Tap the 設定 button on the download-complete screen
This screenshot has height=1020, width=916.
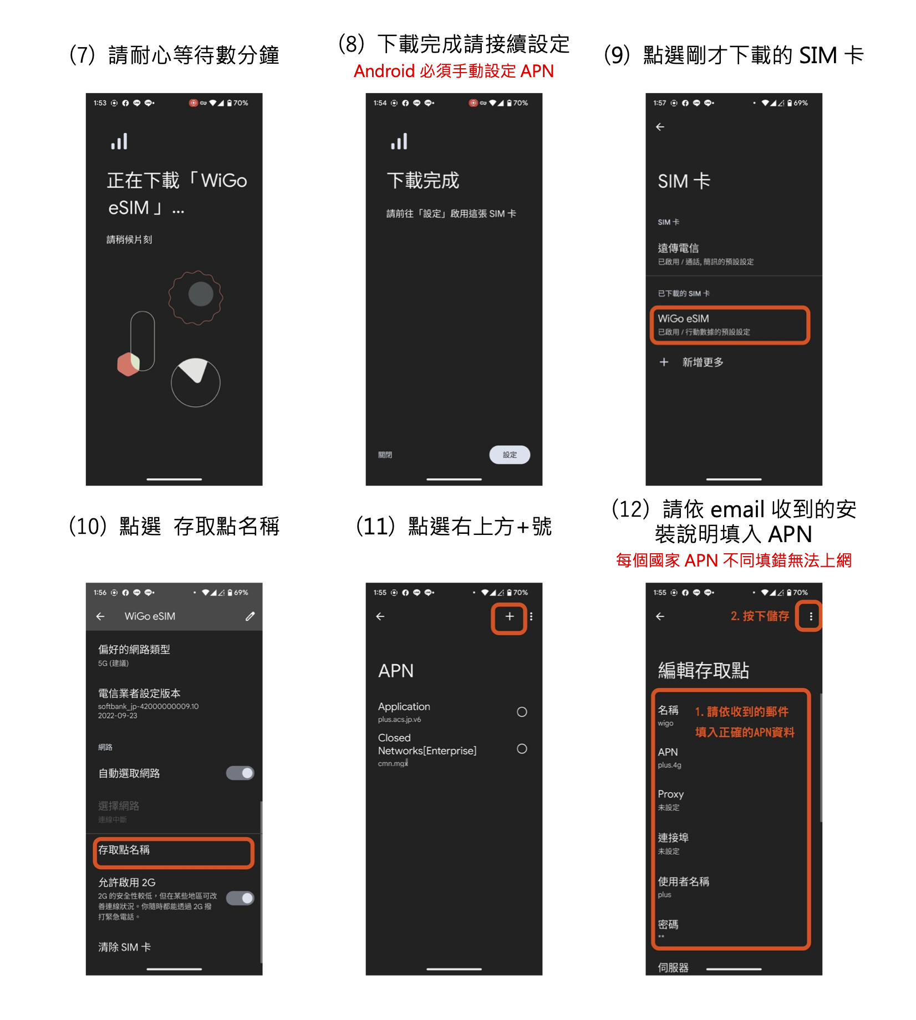[509, 455]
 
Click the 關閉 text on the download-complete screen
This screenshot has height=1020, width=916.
[385, 455]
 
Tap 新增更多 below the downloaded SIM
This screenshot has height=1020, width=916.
[702, 362]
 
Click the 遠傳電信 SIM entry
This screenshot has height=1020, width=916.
[705, 253]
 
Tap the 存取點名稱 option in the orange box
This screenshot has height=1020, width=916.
[173, 851]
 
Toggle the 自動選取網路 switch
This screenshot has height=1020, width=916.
[240, 773]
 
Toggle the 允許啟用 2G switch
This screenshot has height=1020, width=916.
[240, 897]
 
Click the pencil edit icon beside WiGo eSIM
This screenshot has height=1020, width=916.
[250, 616]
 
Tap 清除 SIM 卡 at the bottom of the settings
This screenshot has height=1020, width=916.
[125, 947]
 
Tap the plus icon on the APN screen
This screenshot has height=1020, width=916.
[509, 616]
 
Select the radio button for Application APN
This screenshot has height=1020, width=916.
[521, 712]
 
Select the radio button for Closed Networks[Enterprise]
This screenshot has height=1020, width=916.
[521, 749]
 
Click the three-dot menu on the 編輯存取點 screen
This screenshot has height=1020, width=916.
[810, 616]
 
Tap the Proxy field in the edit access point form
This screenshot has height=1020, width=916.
[671, 799]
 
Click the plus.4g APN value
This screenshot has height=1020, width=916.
[669, 765]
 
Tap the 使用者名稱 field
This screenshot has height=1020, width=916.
[683, 886]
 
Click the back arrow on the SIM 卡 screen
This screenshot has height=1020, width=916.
[660, 127]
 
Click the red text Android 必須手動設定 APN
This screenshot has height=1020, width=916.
[454, 71]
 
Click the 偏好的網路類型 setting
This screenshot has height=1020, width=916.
[134, 654]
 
